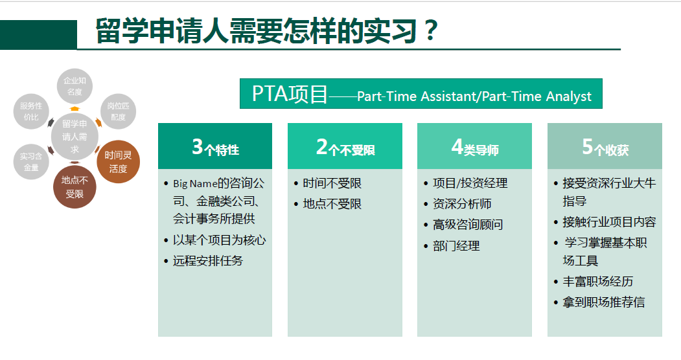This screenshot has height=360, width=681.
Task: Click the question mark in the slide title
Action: pos(431,30)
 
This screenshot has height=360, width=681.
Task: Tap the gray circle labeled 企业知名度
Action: pos(75,86)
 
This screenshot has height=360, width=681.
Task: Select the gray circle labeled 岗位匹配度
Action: pos(118,111)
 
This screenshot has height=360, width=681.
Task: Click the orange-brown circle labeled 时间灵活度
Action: pos(118,162)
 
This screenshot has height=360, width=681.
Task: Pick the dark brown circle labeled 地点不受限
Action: pos(75,187)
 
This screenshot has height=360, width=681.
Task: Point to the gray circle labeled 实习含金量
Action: pos(31,162)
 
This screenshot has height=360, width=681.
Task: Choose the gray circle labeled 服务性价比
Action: pos(31,111)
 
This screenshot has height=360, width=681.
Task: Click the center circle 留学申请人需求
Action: pos(75,137)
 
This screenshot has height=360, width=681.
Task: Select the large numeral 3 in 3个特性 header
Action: pos(198,146)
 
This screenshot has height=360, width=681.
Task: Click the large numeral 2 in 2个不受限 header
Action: pos(322,146)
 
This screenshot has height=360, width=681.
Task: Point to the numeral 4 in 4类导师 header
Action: pos(457,146)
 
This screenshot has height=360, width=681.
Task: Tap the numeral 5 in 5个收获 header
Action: pos(588,146)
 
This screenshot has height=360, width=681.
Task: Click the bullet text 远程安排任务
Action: pos(208,261)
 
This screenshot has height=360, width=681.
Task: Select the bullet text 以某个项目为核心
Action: pos(219,240)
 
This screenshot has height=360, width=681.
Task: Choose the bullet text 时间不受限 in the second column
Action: pos(332,183)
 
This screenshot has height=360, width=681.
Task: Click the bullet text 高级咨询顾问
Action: pos(468,225)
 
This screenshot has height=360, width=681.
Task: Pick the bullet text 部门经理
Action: pos(456,246)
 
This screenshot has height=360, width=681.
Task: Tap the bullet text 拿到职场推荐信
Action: pos(604,302)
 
